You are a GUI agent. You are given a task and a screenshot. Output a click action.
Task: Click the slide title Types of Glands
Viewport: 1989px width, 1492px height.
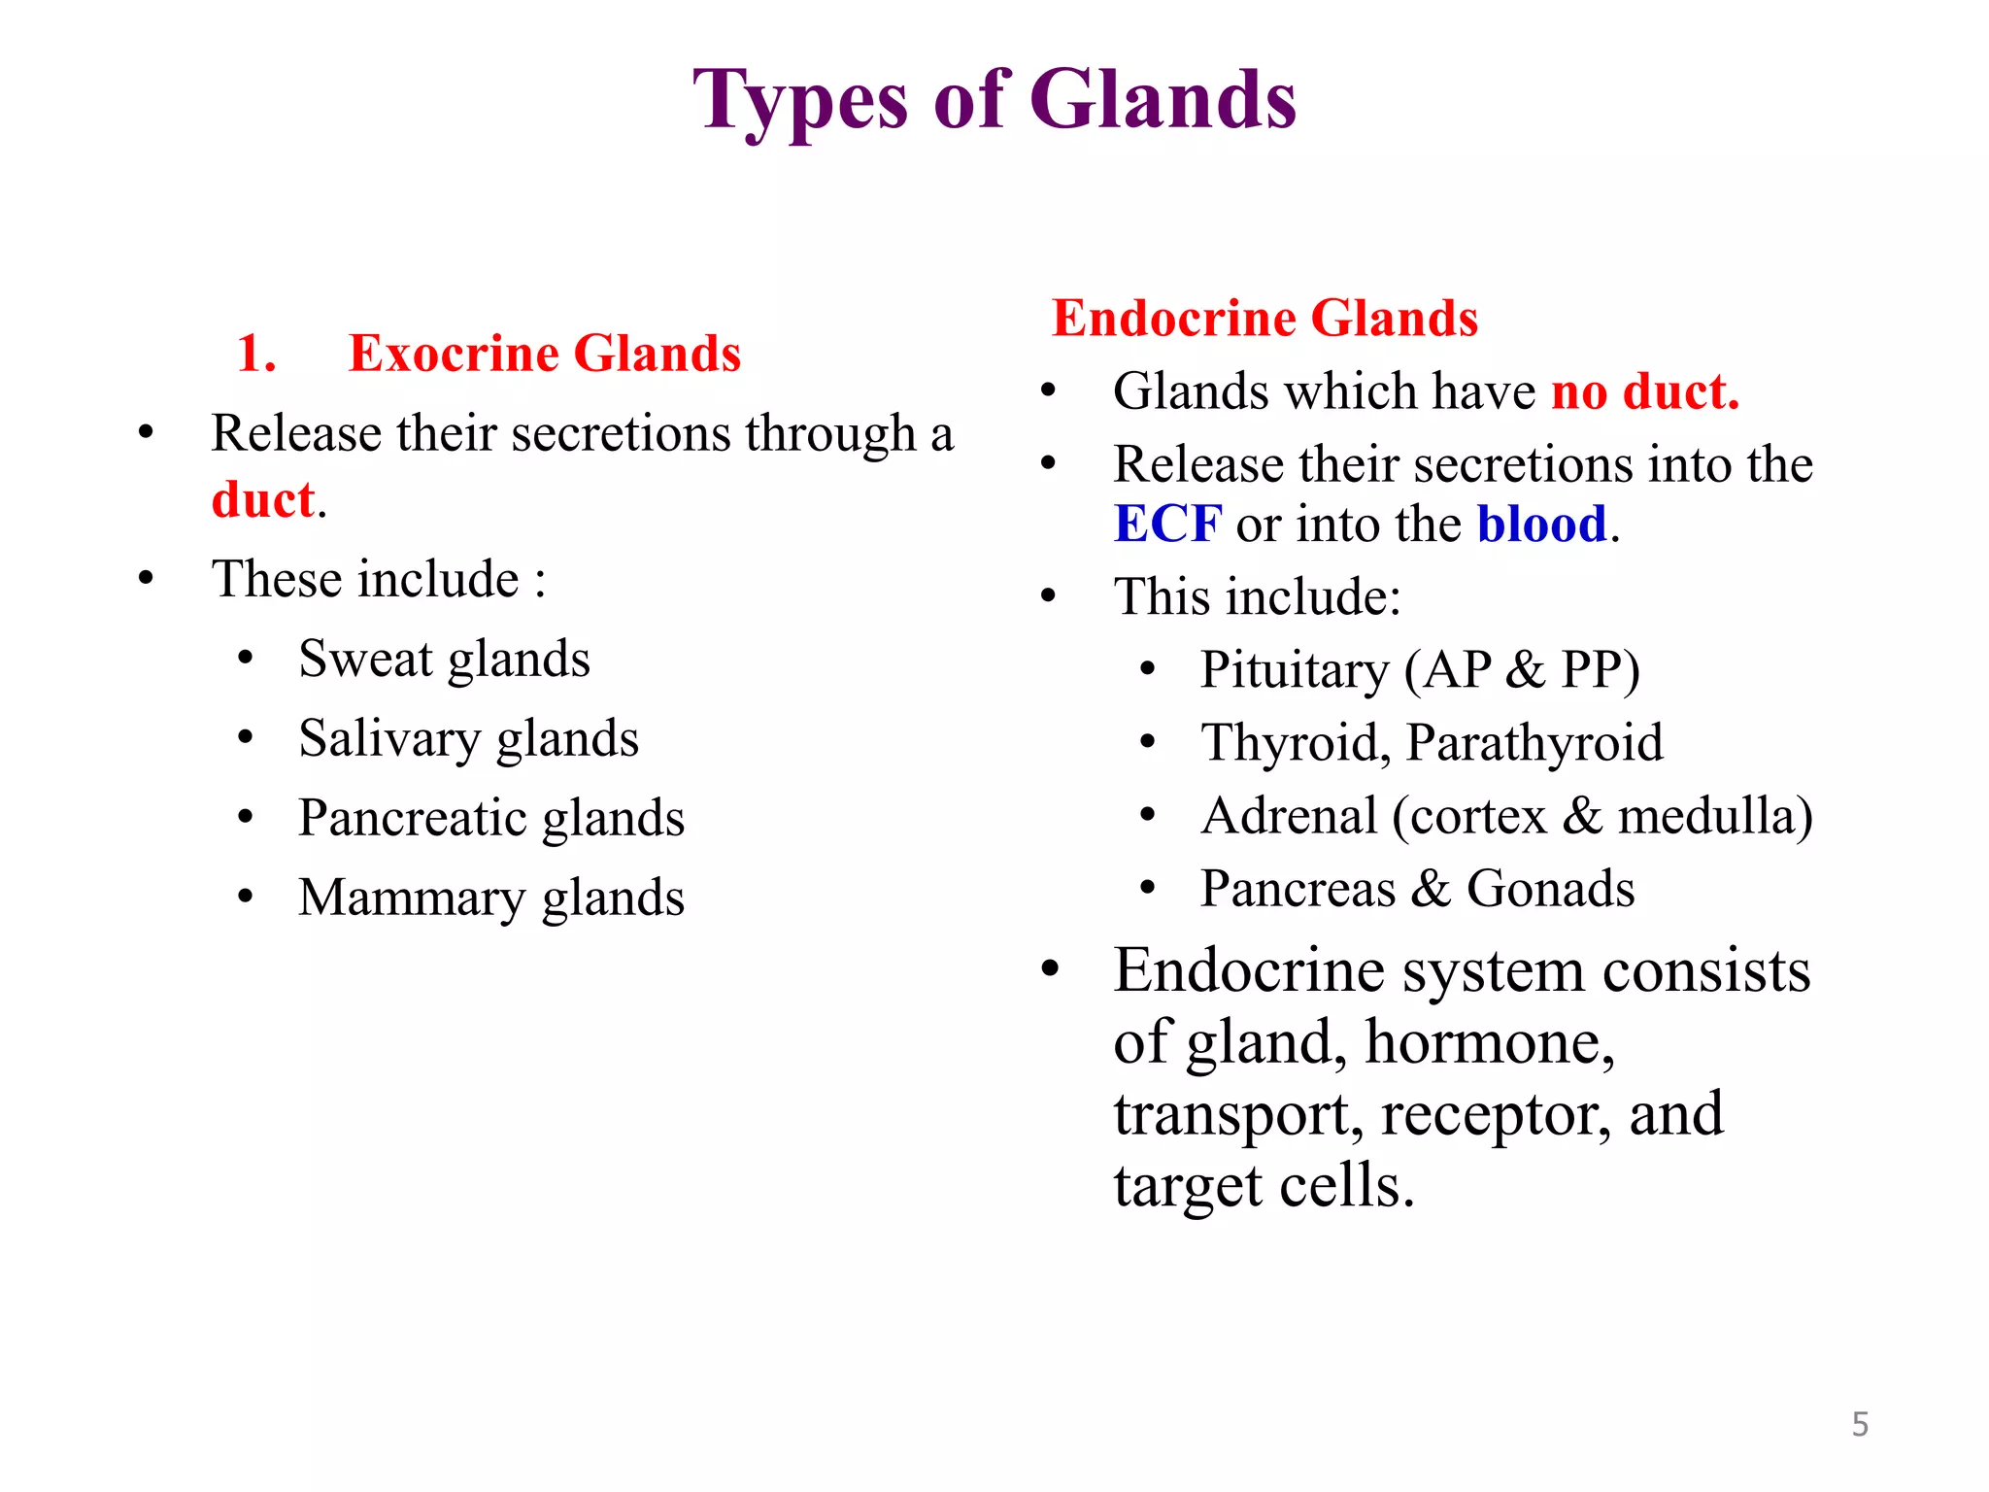click(994, 100)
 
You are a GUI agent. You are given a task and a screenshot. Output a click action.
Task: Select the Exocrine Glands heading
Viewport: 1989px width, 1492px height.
click(544, 353)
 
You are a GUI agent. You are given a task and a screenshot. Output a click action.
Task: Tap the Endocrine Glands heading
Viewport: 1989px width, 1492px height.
click(1264, 319)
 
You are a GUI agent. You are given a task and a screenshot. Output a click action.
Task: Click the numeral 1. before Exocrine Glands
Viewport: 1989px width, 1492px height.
click(256, 354)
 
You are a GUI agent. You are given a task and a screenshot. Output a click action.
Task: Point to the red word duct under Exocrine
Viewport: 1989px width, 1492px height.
click(263, 500)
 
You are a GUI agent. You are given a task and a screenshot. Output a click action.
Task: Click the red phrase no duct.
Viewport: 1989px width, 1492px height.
click(1644, 391)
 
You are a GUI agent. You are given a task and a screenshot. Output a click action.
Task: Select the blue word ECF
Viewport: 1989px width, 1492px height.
click(1167, 525)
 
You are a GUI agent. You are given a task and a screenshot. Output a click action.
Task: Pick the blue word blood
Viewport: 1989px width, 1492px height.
click(1541, 525)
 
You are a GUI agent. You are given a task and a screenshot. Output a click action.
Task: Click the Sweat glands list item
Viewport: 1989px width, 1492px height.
click(444, 660)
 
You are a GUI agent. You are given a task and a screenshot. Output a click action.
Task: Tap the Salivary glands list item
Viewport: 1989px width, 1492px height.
click(468, 739)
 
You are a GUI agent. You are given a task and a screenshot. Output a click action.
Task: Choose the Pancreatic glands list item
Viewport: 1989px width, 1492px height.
click(491, 818)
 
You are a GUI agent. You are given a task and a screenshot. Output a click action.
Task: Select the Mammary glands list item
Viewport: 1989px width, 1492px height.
click(491, 898)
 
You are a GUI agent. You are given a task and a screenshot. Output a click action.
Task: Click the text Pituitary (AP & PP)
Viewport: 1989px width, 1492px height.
click(1419, 670)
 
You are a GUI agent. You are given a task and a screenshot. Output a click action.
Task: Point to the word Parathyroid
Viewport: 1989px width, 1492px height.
click(1534, 743)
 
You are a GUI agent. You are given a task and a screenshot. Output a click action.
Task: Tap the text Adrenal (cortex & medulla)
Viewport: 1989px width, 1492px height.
click(1506, 816)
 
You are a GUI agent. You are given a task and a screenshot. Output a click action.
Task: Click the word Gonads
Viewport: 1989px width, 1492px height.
click(1550, 889)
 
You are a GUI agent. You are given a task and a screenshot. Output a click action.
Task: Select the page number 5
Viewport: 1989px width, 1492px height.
click(1860, 1424)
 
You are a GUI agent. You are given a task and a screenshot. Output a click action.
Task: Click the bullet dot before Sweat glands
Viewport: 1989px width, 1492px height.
click(246, 660)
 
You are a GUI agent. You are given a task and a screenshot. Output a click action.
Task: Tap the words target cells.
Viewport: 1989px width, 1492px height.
click(1263, 1186)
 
